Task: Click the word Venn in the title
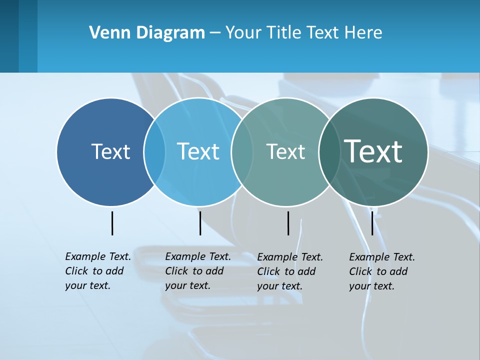click(x=105, y=33)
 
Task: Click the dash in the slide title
click(x=214, y=33)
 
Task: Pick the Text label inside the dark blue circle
click(x=110, y=151)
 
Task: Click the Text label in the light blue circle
click(x=198, y=151)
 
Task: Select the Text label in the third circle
click(x=285, y=151)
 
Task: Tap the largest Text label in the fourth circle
click(x=373, y=151)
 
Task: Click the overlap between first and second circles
click(x=154, y=152)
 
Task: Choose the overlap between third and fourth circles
click(x=329, y=152)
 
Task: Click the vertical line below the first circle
click(x=112, y=223)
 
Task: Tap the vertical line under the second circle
click(x=200, y=223)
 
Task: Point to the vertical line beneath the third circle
click(x=288, y=223)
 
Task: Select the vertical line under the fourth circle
click(x=372, y=223)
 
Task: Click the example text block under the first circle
click(x=98, y=271)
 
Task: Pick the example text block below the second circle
click(x=198, y=271)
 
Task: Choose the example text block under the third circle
click(x=290, y=271)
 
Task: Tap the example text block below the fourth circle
click(x=382, y=271)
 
